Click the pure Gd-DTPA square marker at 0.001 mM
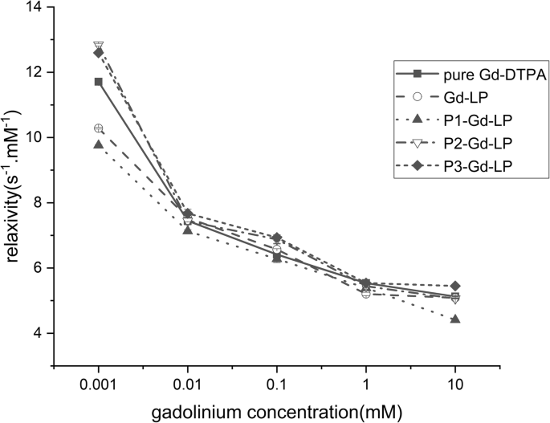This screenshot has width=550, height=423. tap(99, 82)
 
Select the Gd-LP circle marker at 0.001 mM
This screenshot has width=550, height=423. tap(99, 128)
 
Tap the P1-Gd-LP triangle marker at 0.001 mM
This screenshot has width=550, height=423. tap(99, 144)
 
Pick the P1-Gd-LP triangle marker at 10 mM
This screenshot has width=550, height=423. tap(455, 319)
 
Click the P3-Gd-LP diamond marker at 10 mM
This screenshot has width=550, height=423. tap(455, 286)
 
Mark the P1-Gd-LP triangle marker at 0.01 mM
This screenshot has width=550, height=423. tap(188, 230)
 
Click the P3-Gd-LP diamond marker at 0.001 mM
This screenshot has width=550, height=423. tap(99, 53)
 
